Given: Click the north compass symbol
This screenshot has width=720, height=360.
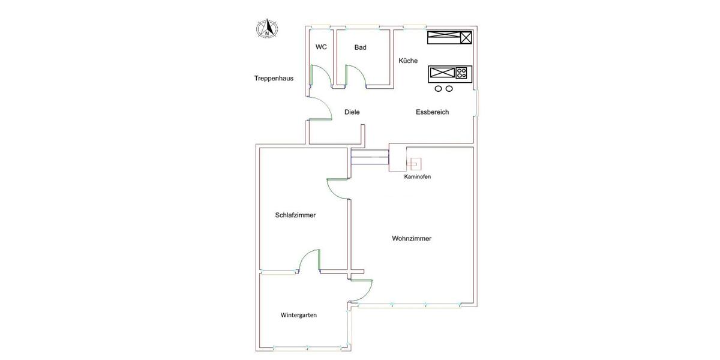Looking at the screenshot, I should [x=266, y=29].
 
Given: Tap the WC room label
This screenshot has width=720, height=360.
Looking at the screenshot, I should [x=321, y=47].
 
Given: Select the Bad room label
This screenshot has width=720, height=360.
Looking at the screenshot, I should [x=360, y=47].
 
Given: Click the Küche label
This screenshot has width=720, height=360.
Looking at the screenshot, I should [x=408, y=61].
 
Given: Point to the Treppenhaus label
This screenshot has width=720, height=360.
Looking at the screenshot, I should [x=274, y=79].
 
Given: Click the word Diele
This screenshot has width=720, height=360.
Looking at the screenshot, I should [x=352, y=112].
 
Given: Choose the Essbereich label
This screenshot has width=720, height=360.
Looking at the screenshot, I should [x=432, y=112].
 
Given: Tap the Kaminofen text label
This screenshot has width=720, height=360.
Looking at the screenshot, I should [x=417, y=177].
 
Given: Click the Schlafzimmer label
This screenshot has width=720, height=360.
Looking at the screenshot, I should [x=295, y=215].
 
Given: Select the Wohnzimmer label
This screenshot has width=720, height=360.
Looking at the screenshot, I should [x=412, y=238].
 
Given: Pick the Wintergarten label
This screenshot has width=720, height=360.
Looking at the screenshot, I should [x=298, y=315].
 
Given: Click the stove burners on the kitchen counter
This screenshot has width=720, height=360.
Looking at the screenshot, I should [x=461, y=74].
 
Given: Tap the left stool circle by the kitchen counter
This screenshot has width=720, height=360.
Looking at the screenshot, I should [x=439, y=89].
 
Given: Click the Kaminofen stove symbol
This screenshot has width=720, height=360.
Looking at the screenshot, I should [x=413, y=163].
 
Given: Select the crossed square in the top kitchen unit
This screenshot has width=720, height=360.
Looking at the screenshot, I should [x=466, y=38].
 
